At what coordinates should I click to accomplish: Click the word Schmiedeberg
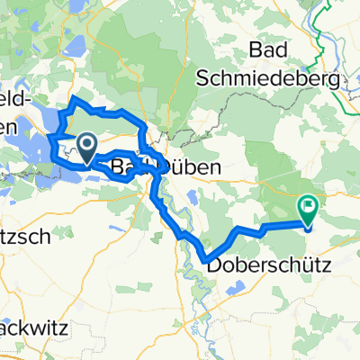283,80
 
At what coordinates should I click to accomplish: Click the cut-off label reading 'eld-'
19,96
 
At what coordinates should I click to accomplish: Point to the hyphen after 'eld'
34,98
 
